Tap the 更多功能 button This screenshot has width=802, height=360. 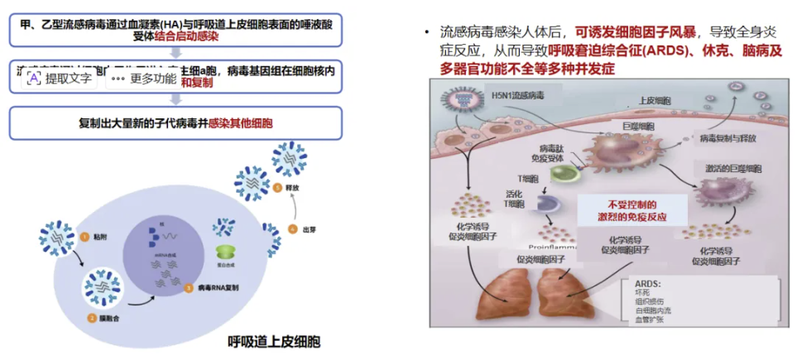(x=142, y=79)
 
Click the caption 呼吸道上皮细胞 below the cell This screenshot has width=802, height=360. (x=274, y=341)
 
